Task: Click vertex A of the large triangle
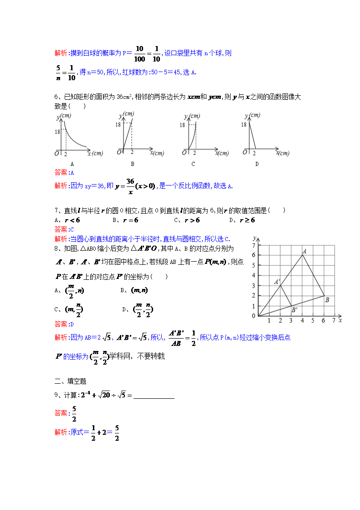[x=304, y=251]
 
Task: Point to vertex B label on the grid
[x=327, y=299]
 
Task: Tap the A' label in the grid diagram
[x=277, y=282]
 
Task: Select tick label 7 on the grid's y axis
[x=254, y=245]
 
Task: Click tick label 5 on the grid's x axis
[x=313, y=321]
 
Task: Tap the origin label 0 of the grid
[x=254, y=316]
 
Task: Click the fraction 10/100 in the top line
[x=139, y=53]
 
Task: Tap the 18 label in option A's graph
[x=57, y=132]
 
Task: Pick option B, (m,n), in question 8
[x=139, y=290]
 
